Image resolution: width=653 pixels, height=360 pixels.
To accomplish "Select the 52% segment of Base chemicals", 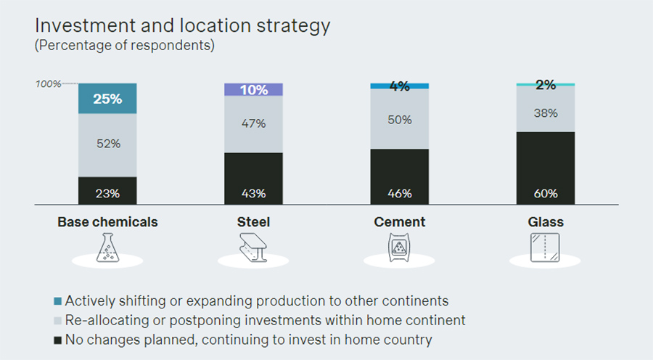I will point(107,144).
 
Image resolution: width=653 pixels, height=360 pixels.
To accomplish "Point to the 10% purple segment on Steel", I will point(253,90).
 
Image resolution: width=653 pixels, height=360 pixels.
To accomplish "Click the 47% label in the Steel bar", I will point(253,123).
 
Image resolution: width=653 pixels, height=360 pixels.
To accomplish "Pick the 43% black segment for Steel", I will point(253,179).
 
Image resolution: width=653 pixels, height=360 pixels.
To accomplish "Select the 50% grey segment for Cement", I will point(399,119).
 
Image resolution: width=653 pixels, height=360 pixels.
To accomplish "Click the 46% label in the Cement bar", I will point(399,194).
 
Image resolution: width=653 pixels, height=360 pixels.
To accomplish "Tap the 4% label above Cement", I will point(399,86).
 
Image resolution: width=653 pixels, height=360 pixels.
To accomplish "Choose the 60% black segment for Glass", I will point(545,168).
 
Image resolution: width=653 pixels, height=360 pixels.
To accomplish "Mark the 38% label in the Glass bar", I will point(545,113).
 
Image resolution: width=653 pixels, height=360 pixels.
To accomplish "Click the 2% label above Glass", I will point(545,85).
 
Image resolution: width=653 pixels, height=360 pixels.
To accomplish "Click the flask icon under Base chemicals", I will point(107,249).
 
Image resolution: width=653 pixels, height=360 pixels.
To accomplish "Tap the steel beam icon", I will point(253,250).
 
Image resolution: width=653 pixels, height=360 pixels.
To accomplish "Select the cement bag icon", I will point(399,249).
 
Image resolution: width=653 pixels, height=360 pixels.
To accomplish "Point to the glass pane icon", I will point(545,249).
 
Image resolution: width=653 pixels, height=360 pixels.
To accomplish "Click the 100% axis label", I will point(49,84).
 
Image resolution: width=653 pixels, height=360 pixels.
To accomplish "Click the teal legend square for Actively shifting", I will point(57,300).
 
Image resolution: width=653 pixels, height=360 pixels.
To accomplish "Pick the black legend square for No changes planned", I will point(57,340).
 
